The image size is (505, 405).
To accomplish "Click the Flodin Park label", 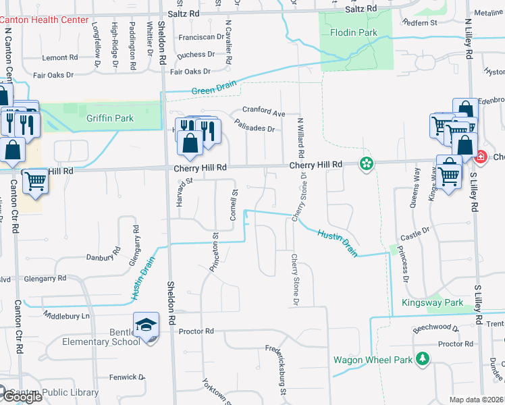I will point(354,32).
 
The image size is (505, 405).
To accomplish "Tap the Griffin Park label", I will point(110,119).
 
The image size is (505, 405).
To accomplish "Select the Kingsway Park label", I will point(433,303).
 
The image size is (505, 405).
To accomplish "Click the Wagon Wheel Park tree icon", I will point(423,358).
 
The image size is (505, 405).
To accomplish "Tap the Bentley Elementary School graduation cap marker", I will point(147,325).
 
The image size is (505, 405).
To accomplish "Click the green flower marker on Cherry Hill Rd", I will point(367,163).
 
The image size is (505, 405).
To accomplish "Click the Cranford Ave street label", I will point(264,111).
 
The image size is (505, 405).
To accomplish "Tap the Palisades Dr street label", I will point(255,126).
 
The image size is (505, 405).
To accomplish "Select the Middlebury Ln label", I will point(65,315).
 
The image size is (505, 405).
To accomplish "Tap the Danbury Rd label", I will point(103,257).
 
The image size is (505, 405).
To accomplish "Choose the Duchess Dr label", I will point(195,55).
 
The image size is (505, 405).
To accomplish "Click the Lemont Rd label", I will point(60,58).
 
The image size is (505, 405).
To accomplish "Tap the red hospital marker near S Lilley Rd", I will point(481,157).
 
